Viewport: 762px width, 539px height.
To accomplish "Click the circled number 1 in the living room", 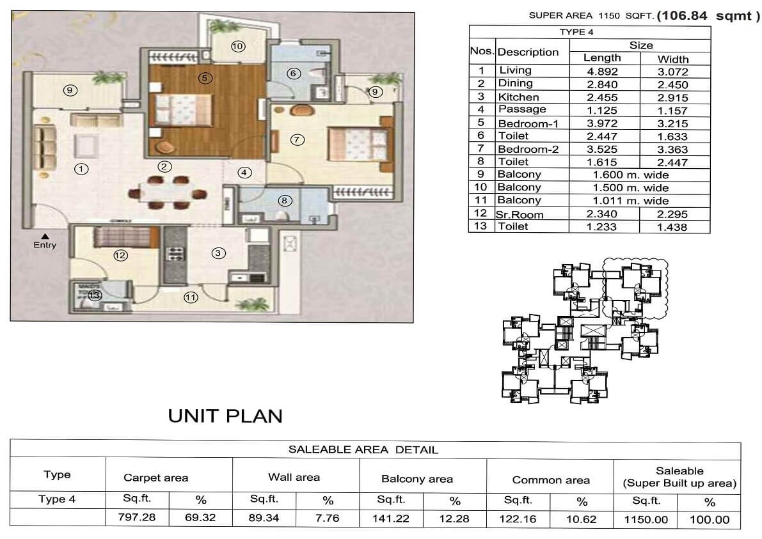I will (x=81, y=169).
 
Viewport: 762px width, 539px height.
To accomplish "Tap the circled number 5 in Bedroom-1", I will (x=204, y=78).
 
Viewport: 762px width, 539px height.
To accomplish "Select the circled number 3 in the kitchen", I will (x=218, y=253).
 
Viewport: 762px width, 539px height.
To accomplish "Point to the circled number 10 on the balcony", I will (x=237, y=46).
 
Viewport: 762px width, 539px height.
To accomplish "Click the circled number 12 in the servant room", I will (x=120, y=256).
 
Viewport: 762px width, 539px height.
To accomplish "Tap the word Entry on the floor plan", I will (x=45, y=245).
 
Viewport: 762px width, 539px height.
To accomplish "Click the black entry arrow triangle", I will (x=45, y=237).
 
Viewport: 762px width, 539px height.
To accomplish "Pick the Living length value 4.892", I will (x=602, y=71).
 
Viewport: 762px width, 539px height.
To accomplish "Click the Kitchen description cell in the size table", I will (x=518, y=97).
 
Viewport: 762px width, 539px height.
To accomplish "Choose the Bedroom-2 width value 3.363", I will (x=673, y=150).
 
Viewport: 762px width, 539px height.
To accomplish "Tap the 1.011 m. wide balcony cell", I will (x=630, y=201).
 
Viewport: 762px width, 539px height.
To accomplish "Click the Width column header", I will (x=673, y=58).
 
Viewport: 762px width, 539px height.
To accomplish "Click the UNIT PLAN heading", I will (x=225, y=416).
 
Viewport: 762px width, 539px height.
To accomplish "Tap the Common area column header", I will (x=551, y=480).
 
